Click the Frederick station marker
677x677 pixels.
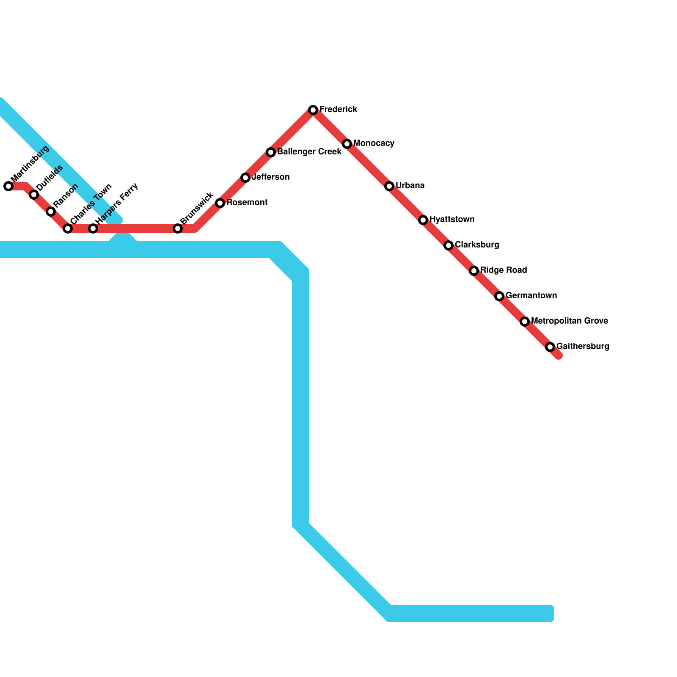click(x=313, y=110)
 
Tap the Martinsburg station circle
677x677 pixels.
click(x=8, y=186)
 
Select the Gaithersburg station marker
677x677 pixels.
click(x=550, y=347)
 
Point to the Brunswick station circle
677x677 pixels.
click(x=178, y=228)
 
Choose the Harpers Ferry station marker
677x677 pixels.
click(x=93, y=228)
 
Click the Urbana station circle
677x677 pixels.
click(x=389, y=186)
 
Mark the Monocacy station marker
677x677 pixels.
click(x=347, y=144)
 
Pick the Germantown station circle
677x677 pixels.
click(x=499, y=296)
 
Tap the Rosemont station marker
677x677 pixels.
click(x=220, y=203)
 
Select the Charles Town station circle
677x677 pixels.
click(x=68, y=228)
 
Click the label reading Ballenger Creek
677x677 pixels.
click(x=309, y=151)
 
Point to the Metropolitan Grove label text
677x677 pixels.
click(x=569, y=321)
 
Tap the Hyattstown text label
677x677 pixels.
click(x=451, y=219)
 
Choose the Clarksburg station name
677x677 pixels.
click(x=477, y=245)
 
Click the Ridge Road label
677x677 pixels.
click(x=504, y=270)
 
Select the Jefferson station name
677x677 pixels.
click(x=270, y=177)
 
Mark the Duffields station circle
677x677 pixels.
click(x=34, y=195)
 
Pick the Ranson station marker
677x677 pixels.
click(x=51, y=212)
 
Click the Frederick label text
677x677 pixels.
click(x=338, y=109)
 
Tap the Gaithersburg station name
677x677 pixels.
click(x=583, y=346)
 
